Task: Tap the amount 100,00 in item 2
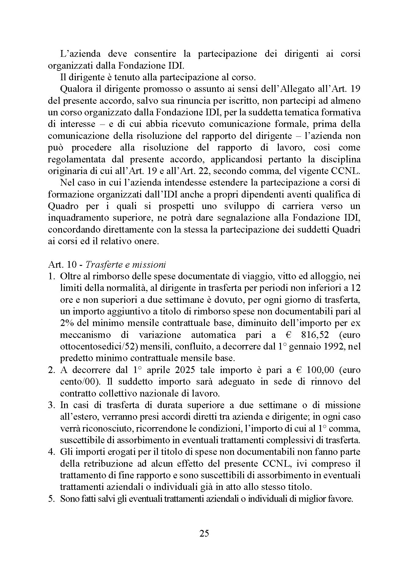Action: point(320,370)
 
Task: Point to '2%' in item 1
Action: point(67,323)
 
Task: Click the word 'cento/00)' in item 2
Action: point(80,382)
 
